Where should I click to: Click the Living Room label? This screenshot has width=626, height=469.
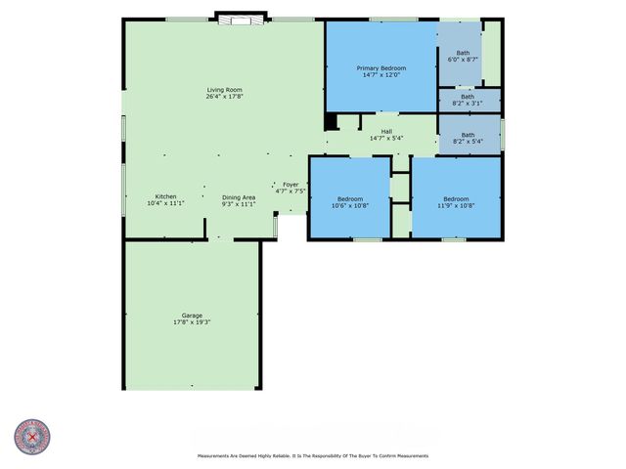coord(224,90)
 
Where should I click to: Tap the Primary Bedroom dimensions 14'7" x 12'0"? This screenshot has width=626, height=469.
coord(380,74)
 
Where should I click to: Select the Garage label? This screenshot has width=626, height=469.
coord(192,315)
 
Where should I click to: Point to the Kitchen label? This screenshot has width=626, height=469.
coord(165,196)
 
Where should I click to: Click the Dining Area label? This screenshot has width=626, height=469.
coord(239,196)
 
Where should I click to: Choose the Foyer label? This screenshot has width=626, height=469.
coord(291,184)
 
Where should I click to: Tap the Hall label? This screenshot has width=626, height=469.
coord(386,131)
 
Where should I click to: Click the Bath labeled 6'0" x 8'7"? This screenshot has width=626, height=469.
coord(463,53)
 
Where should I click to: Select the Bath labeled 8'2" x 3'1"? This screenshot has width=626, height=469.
coord(468,96)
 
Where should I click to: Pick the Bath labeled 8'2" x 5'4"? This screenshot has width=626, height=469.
coord(468,135)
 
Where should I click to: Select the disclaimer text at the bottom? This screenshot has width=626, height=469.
coord(313,455)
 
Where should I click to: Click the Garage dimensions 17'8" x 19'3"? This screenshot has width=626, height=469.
coord(192,321)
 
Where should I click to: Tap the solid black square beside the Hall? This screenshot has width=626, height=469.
coord(331,122)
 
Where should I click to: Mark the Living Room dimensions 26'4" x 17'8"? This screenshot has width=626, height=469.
coord(224,97)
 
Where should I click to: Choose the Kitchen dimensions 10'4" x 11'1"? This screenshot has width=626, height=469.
coord(165,203)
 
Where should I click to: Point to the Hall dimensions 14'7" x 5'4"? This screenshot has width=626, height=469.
coord(386,138)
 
